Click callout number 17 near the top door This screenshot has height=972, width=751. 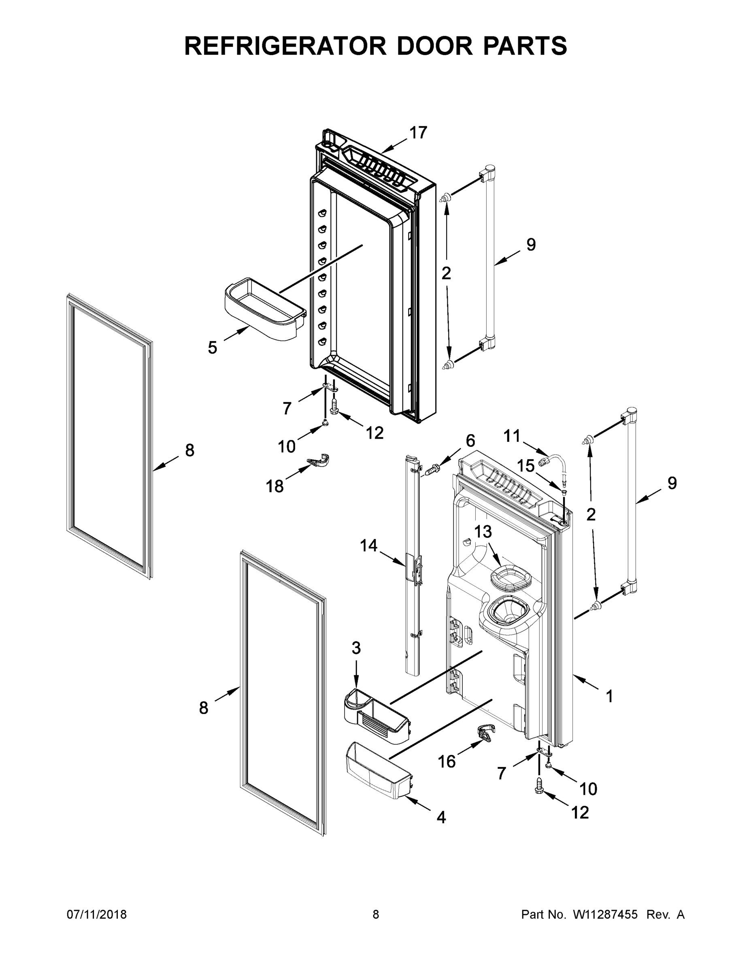[x=418, y=132]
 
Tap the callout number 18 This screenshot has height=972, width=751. [x=274, y=486]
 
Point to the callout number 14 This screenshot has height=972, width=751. [x=368, y=545]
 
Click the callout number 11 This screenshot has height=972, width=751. [x=512, y=436]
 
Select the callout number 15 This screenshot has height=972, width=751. [x=525, y=466]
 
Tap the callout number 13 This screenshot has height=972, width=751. [x=483, y=531]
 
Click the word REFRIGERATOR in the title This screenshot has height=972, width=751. [x=285, y=46]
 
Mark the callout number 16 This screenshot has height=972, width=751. [x=447, y=761]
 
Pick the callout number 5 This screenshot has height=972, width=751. [x=212, y=347]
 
